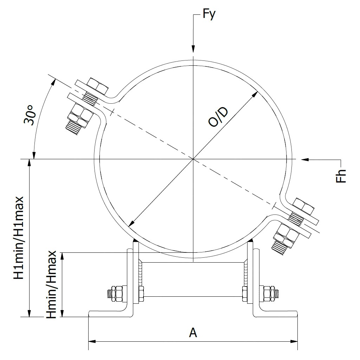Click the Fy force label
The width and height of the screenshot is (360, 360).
[x=209, y=15]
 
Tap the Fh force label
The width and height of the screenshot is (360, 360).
[x=341, y=176]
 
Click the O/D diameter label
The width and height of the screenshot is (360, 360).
[x=218, y=117]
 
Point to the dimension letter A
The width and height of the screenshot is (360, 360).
[x=193, y=332]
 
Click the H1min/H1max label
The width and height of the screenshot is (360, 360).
[x=19, y=238]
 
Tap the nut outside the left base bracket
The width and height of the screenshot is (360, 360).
[x=116, y=294]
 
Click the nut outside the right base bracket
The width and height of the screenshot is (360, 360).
[x=269, y=293]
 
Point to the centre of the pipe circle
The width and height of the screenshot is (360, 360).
[x=193, y=160]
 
